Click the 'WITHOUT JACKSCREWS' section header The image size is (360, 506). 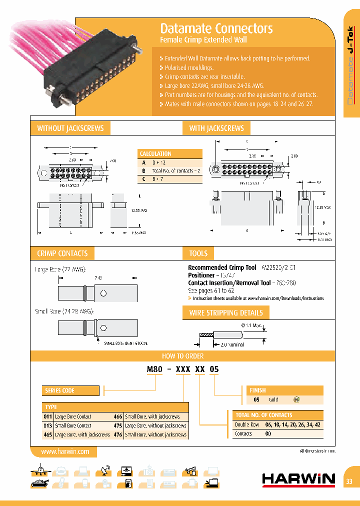pyautogui.click(x=70, y=128)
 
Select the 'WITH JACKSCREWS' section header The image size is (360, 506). pyautogui.click(x=216, y=128)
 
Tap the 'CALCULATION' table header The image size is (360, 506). pyautogui.click(x=155, y=154)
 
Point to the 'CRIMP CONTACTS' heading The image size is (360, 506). pyautogui.click(x=62, y=253)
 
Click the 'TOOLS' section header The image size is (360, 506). pyautogui.click(x=198, y=253)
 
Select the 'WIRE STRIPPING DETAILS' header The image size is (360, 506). pyautogui.click(x=225, y=313)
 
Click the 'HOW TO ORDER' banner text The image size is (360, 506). pyautogui.click(x=182, y=356)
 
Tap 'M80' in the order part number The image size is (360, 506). pyautogui.click(x=153, y=369)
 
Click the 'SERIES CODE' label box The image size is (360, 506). pyautogui.click(x=60, y=390)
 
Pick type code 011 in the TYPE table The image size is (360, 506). pyautogui.click(x=48, y=416)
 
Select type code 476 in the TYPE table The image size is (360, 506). pyautogui.click(x=117, y=434)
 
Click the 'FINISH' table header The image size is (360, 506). pyautogui.click(x=257, y=390)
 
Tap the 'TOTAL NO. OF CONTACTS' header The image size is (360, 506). pyautogui.click(x=263, y=415)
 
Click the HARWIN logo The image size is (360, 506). pyautogui.click(x=298, y=479)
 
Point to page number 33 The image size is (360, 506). pyautogui.click(x=349, y=481)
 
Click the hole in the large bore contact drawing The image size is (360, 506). pyautogui.click(x=103, y=293)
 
